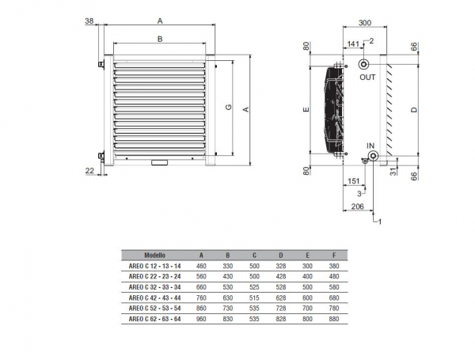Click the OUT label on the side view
tap(367, 78)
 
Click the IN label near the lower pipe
tap(370, 145)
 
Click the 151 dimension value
tap(355, 181)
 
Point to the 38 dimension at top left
tap(89, 21)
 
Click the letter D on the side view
tap(413, 110)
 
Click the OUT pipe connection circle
tap(363, 64)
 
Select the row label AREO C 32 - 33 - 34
tap(154, 287)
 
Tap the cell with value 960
tap(202, 318)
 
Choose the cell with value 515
tap(253, 297)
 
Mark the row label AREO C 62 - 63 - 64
tap(154, 318)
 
